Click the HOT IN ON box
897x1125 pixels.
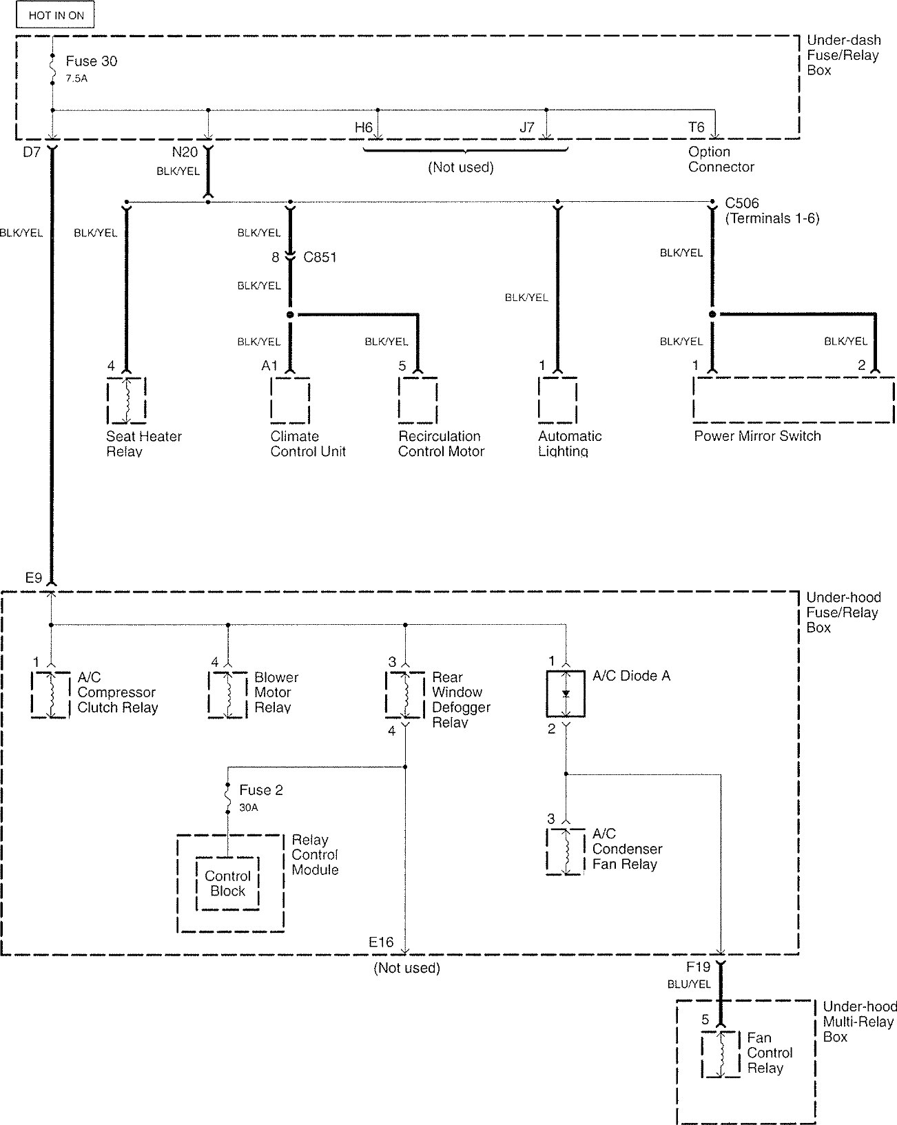click(55, 15)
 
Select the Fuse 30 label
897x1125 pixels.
click(92, 61)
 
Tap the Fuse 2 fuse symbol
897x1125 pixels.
click(227, 798)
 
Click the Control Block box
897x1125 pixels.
click(227, 883)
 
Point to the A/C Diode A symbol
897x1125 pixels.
click(566, 694)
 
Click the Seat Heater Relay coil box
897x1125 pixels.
click(126, 400)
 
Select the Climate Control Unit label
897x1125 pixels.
click(308, 444)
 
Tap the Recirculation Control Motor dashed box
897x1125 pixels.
click(417, 400)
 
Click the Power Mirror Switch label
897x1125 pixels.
click(757, 436)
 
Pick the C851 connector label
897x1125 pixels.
click(320, 257)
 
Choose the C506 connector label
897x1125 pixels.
click(742, 203)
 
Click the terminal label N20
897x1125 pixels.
click(185, 152)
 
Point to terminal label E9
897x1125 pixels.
click(34, 578)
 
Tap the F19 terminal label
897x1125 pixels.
click(699, 967)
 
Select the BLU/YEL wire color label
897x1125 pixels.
click(689, 984)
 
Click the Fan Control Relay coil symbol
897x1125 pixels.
click(721, 1055)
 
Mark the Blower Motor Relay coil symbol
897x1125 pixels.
click(228, 694)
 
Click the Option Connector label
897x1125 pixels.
click(721, 159)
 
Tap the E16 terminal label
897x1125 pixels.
click(381, 942)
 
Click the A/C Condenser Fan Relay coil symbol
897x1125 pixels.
click(566, 852)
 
